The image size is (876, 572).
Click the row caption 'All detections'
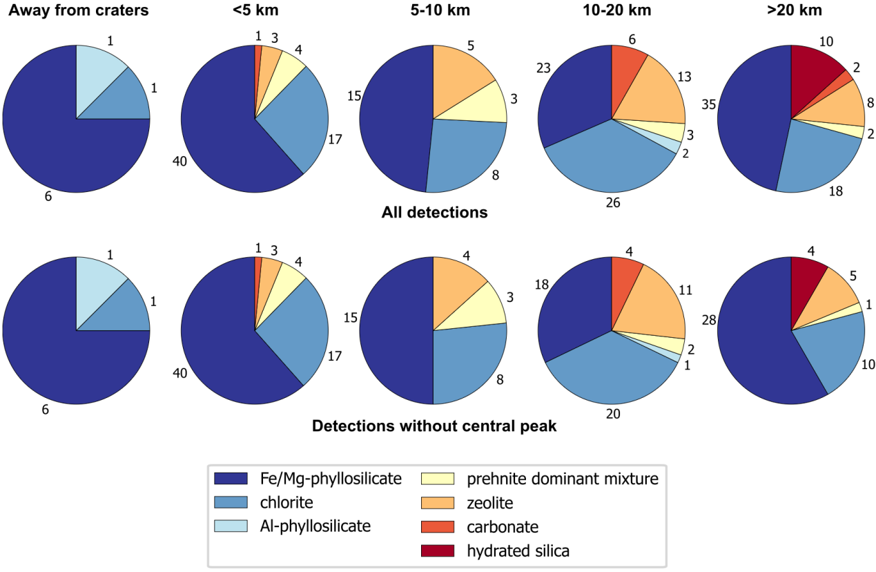(434, 213)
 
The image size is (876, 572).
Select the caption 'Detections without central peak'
(434, 426)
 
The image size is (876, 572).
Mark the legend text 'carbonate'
(503, 526)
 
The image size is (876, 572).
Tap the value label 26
(612, 203)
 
